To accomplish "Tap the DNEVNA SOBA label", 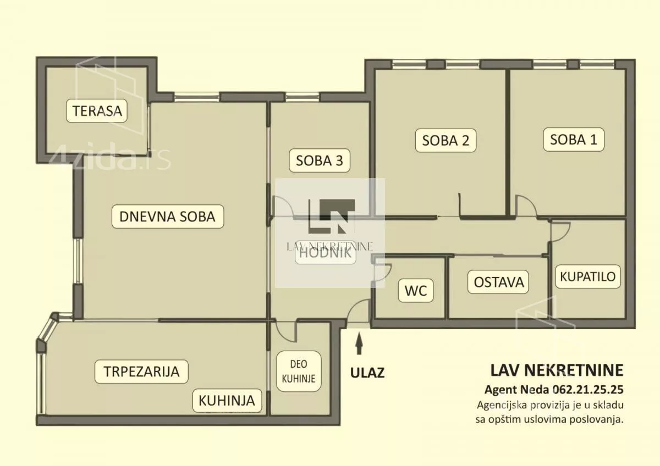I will (171, 217).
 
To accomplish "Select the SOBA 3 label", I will (323, 160).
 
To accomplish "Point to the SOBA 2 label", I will (448, 140).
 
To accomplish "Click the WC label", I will (416, 291).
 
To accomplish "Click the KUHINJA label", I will (227, 400).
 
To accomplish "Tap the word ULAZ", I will (367, 373).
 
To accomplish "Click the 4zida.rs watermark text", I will (110, 159).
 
